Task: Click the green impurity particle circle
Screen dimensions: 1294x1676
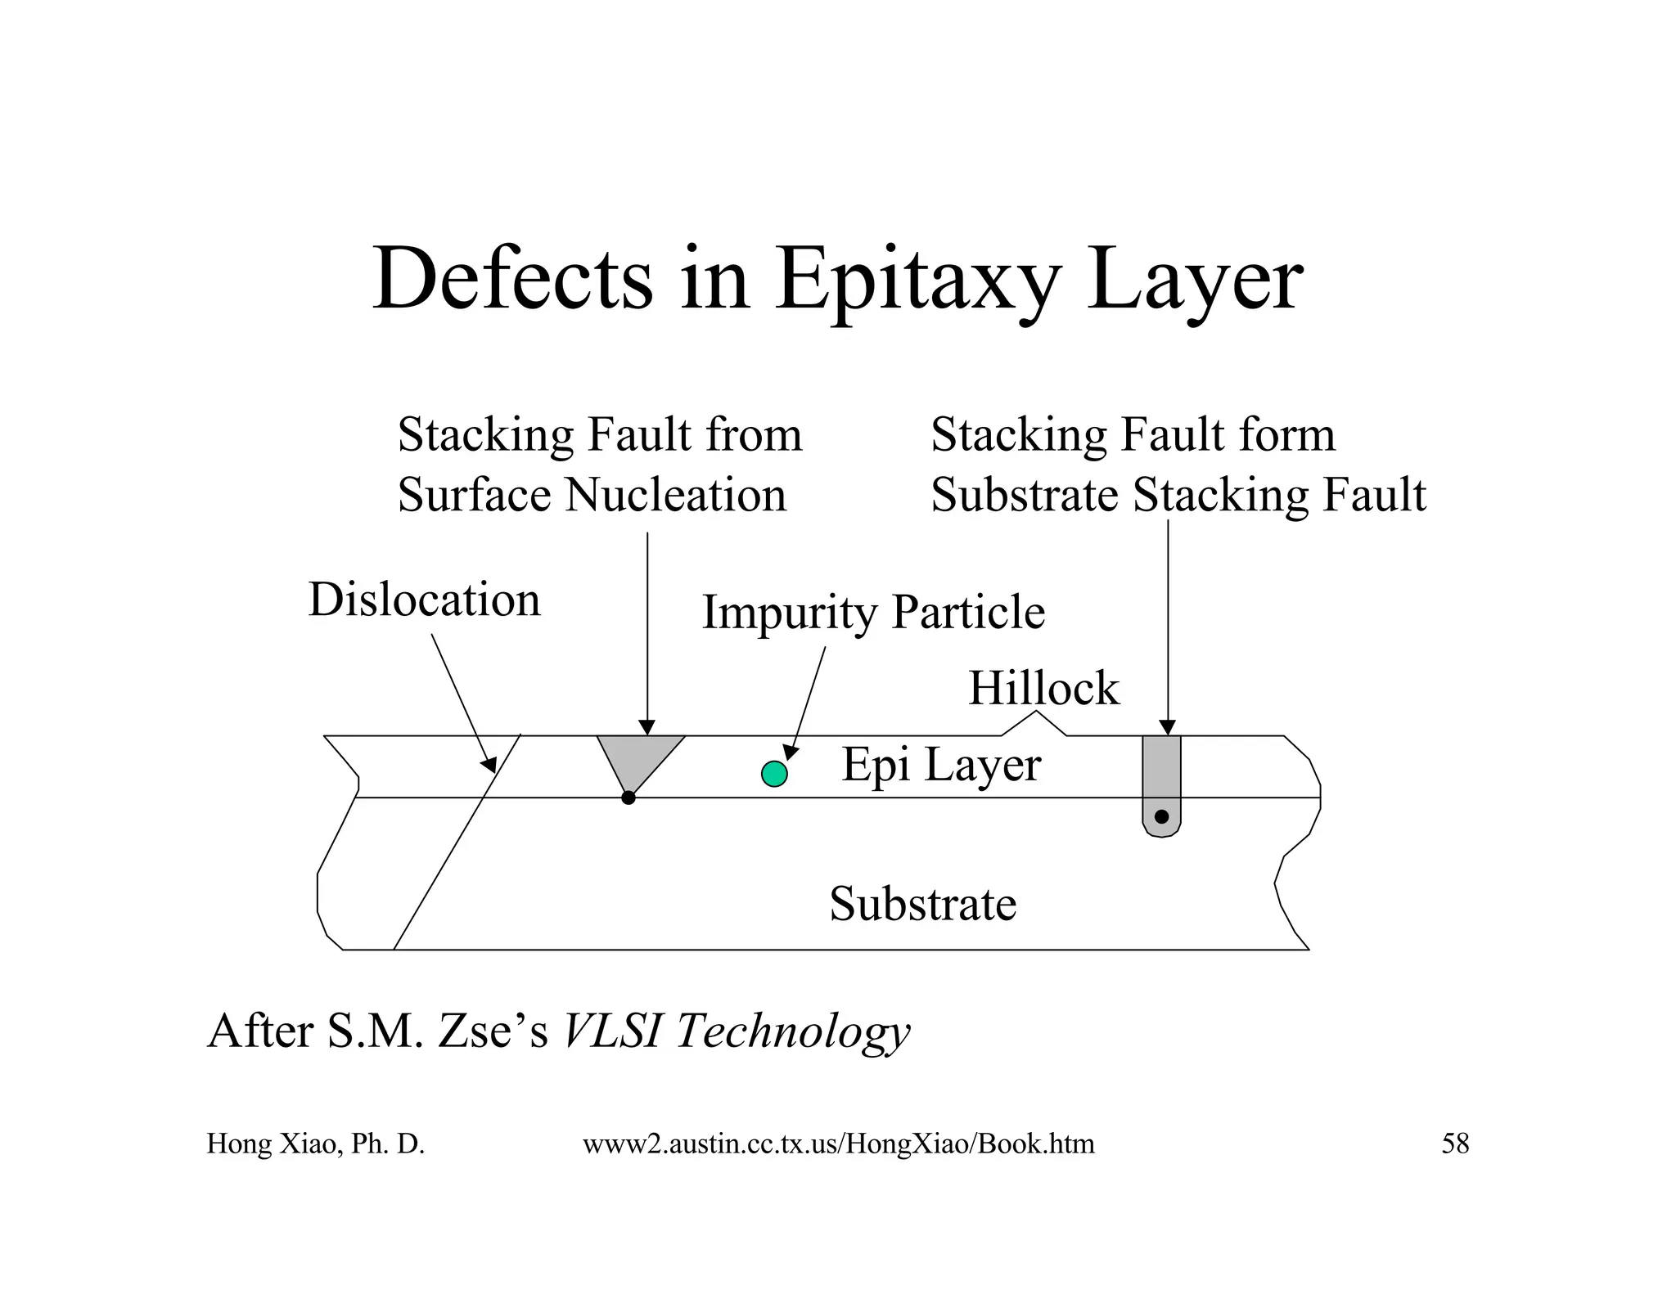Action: point(774,773)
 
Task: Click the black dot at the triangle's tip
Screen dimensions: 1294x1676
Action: point(628,798)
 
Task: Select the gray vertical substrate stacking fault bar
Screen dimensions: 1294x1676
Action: point(1161,777)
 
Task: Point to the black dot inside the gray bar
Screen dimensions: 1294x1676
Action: point(1161,816)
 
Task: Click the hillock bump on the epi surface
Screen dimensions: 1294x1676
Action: point(1035,725)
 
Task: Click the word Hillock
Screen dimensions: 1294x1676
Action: point(1043,688)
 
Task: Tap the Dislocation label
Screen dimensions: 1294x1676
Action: point(424,600)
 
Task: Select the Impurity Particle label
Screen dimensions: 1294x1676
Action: point(873,612)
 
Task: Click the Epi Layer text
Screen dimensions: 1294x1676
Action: point(941,765)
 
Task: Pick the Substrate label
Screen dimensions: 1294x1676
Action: point(922,904)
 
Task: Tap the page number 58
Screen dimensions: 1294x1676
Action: point(1455,1143)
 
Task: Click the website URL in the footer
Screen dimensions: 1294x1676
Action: point(838,1143)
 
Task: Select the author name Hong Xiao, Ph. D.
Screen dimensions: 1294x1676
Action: point(315,1143)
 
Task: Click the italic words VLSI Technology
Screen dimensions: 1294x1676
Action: point(737,1031)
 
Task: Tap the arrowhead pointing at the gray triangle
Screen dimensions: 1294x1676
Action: point(647,728)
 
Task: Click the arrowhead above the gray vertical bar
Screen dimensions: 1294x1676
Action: point(1168,728)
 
